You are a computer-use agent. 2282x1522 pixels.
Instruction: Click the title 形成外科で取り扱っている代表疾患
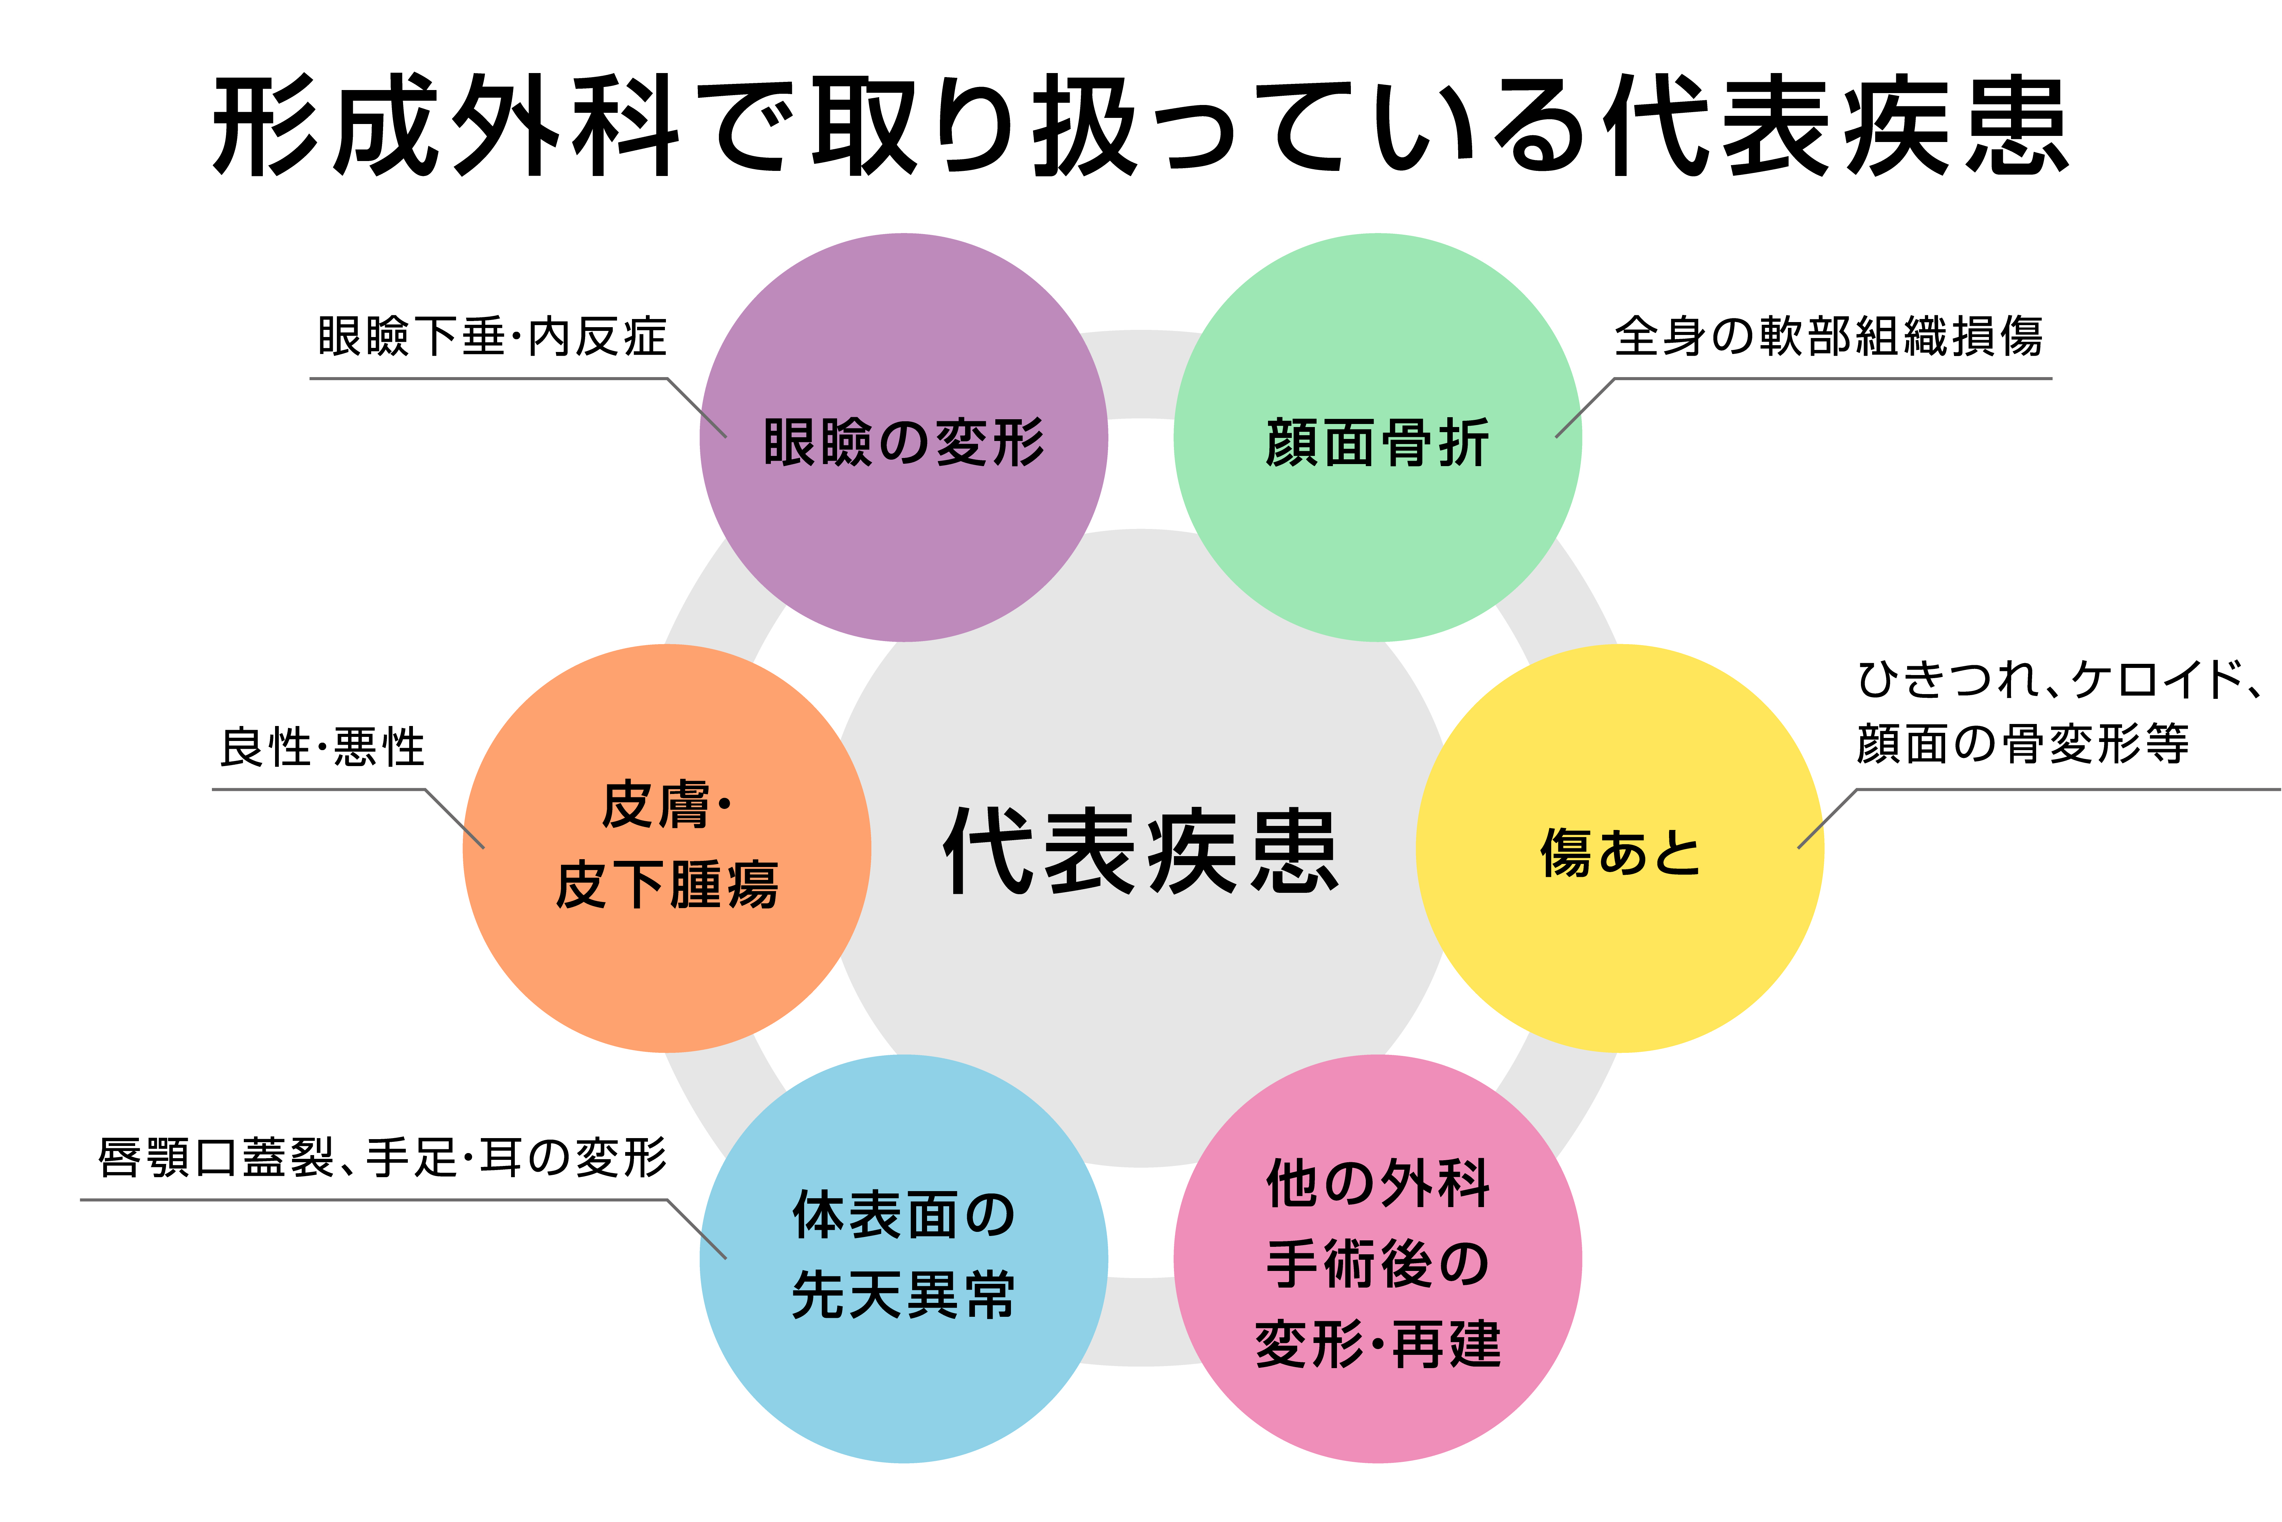click(1141, 126)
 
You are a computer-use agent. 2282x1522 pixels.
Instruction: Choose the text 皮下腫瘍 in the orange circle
click(668, 885)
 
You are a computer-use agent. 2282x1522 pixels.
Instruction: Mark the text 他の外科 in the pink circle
click(1378, 1184)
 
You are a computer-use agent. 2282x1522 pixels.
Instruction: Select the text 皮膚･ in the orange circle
click(668, 806)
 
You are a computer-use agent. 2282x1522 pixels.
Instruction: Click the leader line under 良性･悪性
click(320, 789)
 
